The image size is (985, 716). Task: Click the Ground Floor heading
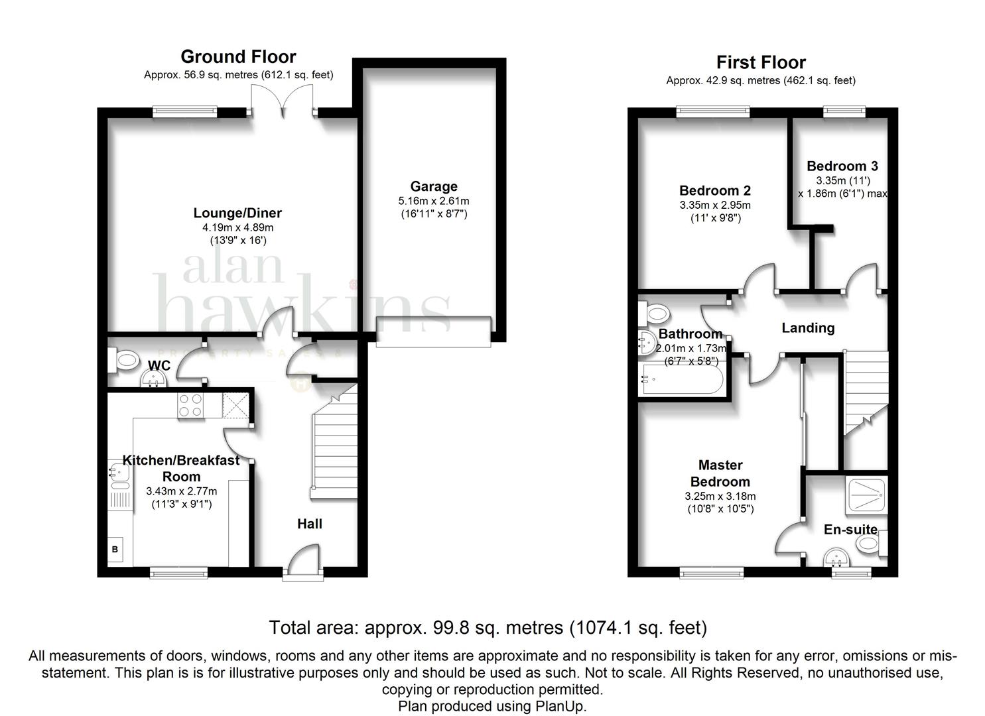coord(238,57)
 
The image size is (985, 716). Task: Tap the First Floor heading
coord(761,62)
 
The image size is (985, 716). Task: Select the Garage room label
coord(434,186)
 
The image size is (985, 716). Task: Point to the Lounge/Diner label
coord(237,213)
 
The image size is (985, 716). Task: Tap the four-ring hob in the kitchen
coord(190,405)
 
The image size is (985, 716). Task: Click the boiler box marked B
coord(115,549)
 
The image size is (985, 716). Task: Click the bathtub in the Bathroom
coord(682,379)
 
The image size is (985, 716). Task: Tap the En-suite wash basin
coord(837,557)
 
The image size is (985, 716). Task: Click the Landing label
coord(808,328)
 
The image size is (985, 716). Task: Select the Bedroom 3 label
coord(842,166)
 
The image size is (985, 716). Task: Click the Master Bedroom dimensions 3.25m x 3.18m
coord(720,497)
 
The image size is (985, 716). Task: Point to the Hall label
coord(310,524)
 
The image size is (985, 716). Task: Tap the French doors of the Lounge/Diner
coord(283,101)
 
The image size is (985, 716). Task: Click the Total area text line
coord(488,628)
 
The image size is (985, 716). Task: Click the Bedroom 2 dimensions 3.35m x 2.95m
coord(715,205)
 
